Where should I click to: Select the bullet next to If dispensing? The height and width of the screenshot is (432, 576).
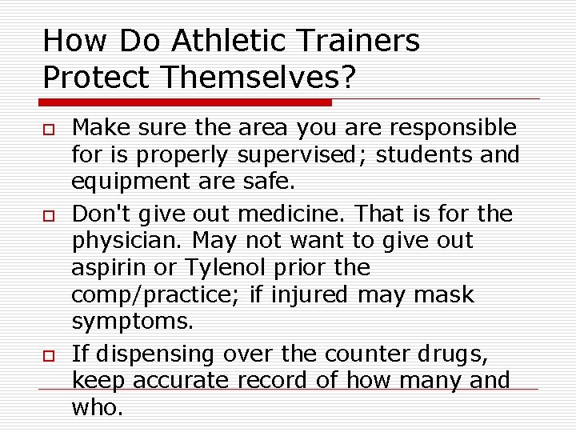tap(49, 355)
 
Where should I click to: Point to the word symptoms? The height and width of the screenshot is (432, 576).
tap(132, 322)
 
